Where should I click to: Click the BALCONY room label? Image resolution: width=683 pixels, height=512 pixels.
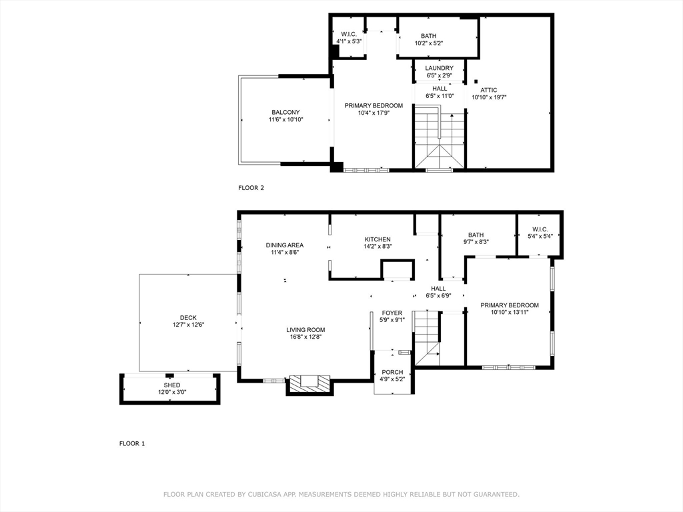(285, 112)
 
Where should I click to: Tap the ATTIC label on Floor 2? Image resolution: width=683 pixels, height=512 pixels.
(489, 90)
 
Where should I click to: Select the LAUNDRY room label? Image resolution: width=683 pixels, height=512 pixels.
(439, 68)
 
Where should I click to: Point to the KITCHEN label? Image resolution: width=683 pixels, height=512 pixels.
(378, 239)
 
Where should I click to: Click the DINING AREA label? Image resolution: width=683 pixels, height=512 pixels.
(285, 245)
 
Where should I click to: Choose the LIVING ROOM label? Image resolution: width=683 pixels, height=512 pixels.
(305, 329)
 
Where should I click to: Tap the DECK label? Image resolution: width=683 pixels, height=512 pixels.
(188, 318)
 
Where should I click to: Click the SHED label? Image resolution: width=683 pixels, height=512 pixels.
(172, 385)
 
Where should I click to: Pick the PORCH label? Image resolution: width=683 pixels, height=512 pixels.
(392, 372)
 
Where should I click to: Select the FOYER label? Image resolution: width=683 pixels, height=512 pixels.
(392, 313)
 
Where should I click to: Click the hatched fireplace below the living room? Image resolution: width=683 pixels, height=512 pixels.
(309, 384)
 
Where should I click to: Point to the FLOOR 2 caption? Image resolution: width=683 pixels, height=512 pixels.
(251, 188)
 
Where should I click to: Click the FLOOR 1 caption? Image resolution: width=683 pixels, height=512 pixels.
(132, 443)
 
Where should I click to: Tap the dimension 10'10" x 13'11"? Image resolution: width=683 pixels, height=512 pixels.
(509, 312)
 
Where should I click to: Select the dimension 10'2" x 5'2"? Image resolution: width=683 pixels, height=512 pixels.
(429, 43)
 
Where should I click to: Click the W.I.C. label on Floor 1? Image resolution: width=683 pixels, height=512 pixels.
(540, 229)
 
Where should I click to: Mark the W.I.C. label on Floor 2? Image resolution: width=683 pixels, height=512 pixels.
(349, 35)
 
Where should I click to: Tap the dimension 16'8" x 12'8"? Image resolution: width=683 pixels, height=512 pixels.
(305, 337)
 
